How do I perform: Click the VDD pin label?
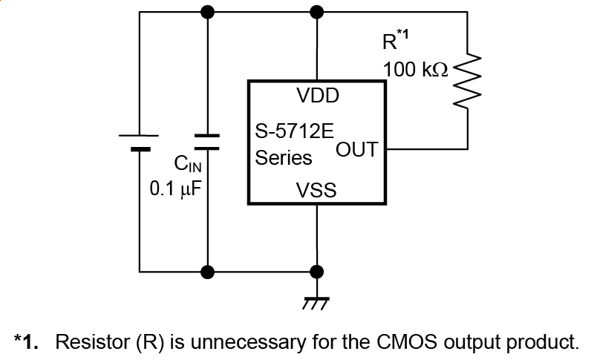pos(317,96)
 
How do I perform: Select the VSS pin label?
pos(316,191)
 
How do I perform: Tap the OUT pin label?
pos(357,150)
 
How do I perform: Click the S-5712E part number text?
pos(294,134)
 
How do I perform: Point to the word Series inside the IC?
pos(284,158)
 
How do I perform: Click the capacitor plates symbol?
pos(207,141)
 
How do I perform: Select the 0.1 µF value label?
pos(177,189)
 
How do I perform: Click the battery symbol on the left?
pos(139,141)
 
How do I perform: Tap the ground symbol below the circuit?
pos(317,301)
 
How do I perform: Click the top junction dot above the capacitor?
pos(208,11)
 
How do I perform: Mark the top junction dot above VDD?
pos(317,11)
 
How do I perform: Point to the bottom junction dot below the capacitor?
pos(208,271)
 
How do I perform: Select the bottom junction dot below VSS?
pos(317,271)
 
